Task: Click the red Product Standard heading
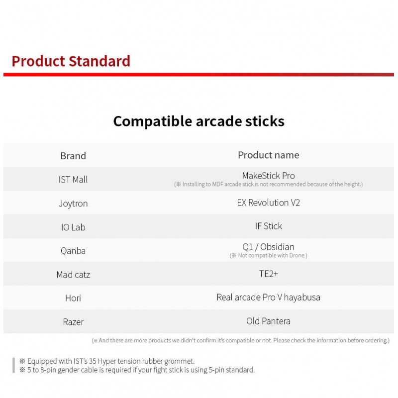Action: (71, 61)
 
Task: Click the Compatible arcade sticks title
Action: (199, 121)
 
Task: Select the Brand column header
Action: (73, 156)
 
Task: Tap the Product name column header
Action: (269, 155)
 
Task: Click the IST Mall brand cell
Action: (73, 180)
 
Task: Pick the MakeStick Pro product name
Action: (269, 176)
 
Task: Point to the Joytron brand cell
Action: (73, 203)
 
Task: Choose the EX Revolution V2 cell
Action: (269, 202)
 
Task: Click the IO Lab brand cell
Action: (73, 227)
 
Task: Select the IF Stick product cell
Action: (269, 226)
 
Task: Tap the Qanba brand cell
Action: (73, 251)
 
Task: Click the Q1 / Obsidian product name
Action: (269, 247)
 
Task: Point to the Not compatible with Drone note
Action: (269, 255)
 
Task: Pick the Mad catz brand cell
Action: (73, 275)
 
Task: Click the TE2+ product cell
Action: (269, 274)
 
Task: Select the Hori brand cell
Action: (73, 298)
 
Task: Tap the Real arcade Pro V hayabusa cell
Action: (269, 297)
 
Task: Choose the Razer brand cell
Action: (73, 322)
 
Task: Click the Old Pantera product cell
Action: (269, 321)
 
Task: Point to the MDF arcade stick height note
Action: (269, 184)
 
